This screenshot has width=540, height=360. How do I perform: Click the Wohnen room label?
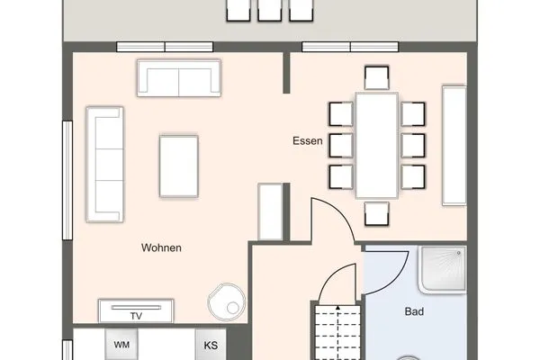tap(162, 247)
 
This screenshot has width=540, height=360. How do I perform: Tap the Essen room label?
tap(307, 141)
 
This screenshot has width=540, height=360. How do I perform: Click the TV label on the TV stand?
tap(136, 316)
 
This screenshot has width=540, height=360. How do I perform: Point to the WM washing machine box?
tap(121, 345)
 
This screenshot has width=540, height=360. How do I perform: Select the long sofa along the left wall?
tap(103, 164)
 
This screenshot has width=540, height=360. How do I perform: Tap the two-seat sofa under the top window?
tap(178, 77)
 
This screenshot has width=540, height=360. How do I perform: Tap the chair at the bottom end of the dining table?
tap(375, 213)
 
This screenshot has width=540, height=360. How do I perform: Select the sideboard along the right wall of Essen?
tap(454, 144)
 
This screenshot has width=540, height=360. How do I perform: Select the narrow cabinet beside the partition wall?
tap(270, 211)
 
